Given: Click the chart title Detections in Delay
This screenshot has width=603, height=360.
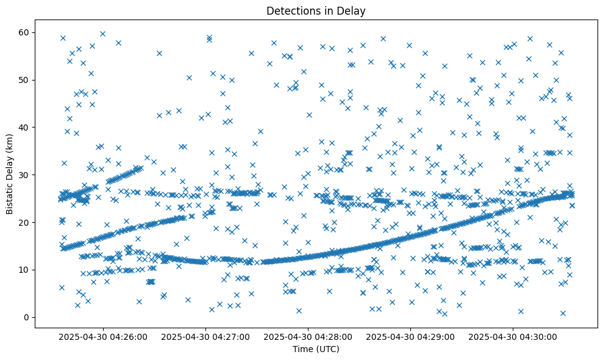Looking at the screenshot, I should tap(316, 10).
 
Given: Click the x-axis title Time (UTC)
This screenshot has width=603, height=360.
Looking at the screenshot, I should tap(316, 349).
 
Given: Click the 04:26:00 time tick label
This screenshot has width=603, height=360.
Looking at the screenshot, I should tap(104, 336).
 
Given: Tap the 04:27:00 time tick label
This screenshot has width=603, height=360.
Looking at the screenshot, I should tap(206, 336).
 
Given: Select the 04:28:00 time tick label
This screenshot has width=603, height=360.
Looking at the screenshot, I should tap(309, 336).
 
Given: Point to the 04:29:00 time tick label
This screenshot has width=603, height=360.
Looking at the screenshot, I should tap(411, 336).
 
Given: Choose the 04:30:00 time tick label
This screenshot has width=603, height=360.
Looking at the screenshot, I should tap(513, 336).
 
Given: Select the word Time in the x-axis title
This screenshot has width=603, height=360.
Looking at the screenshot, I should tap(303, 349).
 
